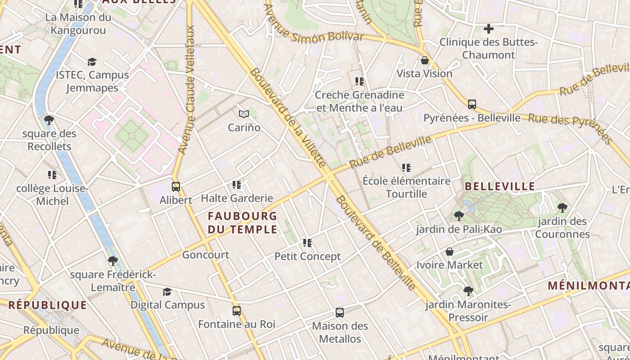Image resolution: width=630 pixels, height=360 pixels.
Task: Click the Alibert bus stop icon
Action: tap(176, 186)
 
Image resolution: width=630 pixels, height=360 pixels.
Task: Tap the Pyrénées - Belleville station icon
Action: tap(472, 104)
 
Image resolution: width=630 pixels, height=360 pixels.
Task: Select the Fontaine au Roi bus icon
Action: tap(237, 310)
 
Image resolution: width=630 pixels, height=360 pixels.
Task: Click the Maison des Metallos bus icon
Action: tap(340, 312)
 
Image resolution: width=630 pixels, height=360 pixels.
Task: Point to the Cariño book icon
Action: tap(244, 114)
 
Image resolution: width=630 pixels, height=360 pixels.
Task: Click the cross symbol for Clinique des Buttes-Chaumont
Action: tap(488, 29)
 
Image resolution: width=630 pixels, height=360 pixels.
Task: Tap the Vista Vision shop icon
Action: tap(425, 60)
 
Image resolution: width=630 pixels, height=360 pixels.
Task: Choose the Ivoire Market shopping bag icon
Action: tap(449, 252)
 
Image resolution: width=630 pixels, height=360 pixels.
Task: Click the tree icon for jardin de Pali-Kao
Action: tap(459, 216)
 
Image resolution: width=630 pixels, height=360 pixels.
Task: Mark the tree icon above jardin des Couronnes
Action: tap(562, 207)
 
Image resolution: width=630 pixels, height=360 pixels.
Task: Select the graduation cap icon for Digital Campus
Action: tap(167, 292)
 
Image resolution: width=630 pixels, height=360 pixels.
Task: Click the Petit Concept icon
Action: tap(307, 243)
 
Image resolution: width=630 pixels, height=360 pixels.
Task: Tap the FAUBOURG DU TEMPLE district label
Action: tap(243, 223)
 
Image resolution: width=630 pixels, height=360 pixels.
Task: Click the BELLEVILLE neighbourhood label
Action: tap(499, 186)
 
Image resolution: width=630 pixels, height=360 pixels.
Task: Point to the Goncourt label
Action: tap(206, 255)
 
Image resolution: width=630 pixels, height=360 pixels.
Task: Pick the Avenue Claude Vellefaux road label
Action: tap(188, 90)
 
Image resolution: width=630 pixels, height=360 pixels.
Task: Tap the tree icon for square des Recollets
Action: tap(49, 120)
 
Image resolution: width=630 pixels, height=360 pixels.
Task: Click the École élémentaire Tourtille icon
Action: tap(406, 168)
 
